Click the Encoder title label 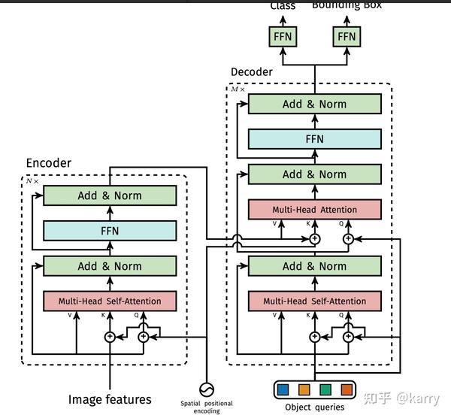click(49, 163)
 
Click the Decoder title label click(252, 71)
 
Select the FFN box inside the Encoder click(110, 231)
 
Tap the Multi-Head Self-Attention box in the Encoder click(110, 301)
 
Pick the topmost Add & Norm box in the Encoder click(110, 195)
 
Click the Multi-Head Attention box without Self click(314, 210)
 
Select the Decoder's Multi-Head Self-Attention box click(314, 301)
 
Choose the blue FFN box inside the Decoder click(314, 139)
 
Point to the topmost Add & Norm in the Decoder click(314, 104)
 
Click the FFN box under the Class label click(283, 36)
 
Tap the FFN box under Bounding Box click(347, 36)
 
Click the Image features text click(110, 399)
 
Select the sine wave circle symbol click(205, 389)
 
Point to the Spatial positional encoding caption click(207, 407)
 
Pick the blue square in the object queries click(283, 390)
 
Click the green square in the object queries click(325, 390)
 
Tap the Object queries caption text click(314, 407)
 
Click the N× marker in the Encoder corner click(31, 180)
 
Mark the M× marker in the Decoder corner click(238, 89)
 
